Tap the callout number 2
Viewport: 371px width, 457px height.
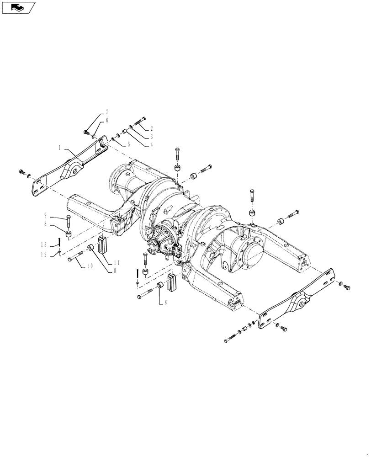(x=151, y=128)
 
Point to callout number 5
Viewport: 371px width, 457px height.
(x=128, y=143)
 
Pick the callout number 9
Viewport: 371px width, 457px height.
(x=46, y=215)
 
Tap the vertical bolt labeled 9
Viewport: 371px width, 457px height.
(x=68, y=222)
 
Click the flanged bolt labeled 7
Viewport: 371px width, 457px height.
(x=86, y=132)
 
